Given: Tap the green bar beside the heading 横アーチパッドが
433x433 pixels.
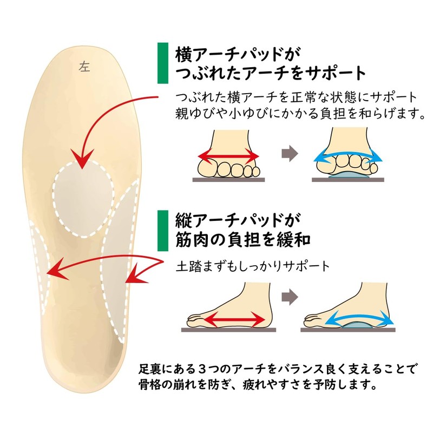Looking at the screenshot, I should tap(161, 63).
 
